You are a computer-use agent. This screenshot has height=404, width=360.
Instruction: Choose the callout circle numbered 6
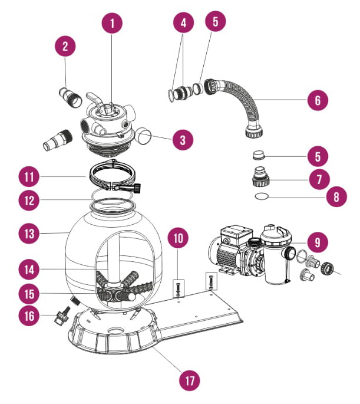[x=318, y=100]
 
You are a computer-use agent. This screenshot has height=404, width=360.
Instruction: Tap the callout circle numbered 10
[x=177, y=239]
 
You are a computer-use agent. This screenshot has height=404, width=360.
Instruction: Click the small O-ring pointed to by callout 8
[x=262, y=196]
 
